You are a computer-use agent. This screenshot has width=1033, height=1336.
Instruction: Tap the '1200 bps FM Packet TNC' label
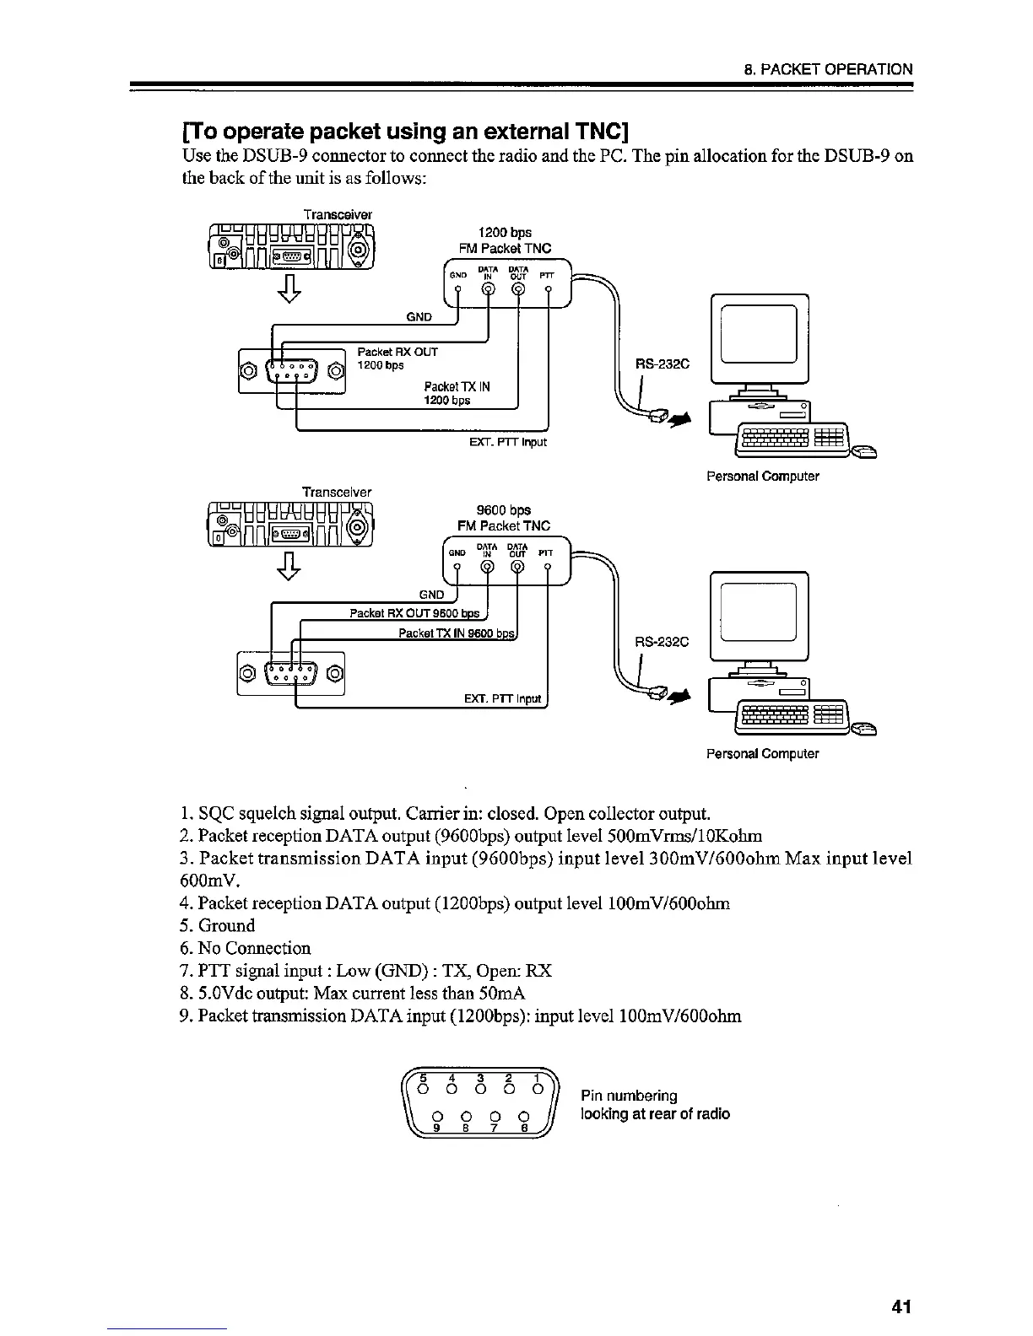505,240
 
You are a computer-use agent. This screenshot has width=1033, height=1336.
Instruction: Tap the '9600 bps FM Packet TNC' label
504,518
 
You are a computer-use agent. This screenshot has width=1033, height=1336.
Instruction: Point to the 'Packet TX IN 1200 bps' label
457,393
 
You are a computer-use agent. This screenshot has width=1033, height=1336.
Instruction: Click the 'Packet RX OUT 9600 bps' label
414,613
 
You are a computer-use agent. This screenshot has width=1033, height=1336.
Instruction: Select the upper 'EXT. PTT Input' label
507,441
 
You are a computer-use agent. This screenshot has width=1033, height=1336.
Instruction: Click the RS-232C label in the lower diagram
663,642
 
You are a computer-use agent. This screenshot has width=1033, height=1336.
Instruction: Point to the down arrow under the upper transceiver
289,287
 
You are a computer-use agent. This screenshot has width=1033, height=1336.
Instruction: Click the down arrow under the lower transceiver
289,565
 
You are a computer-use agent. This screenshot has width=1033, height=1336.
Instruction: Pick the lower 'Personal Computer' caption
762,753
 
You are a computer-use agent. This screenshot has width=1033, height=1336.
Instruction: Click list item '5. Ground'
218,925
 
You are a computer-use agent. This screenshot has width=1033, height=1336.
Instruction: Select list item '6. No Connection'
246,948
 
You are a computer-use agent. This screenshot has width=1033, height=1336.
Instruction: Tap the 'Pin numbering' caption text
629,1096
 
